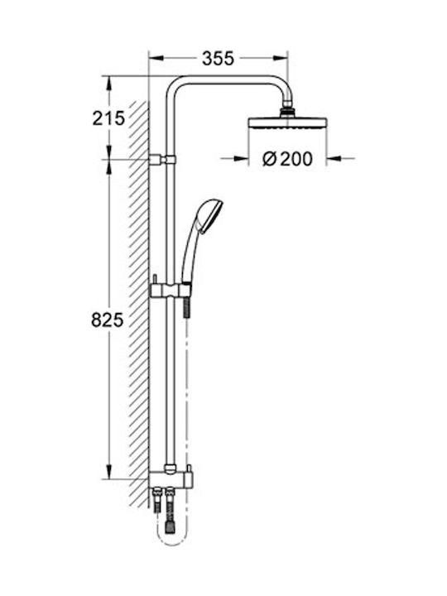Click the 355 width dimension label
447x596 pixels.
[218, 58]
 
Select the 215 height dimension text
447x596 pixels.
[108, 118]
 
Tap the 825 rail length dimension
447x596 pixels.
[108, 320]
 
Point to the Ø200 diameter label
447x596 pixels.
[287, 159]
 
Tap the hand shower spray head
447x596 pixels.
[209, 211]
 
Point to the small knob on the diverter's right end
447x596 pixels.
[190, 472]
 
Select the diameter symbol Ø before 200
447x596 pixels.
[268, 159]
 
